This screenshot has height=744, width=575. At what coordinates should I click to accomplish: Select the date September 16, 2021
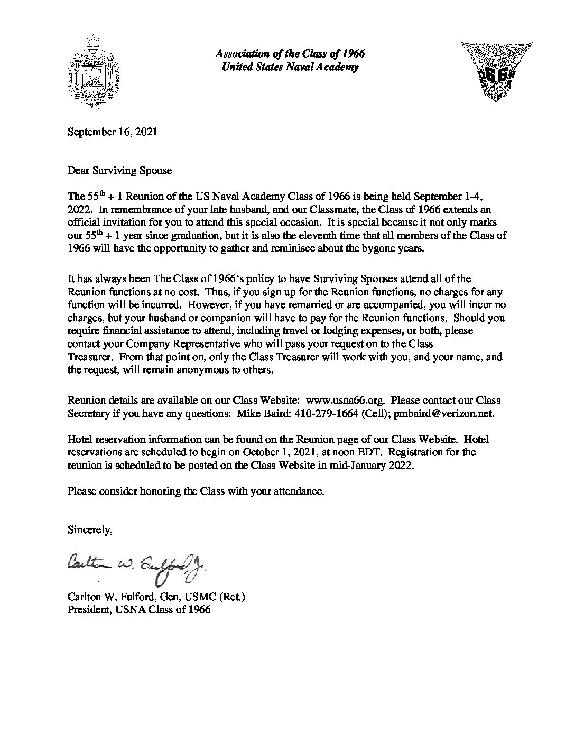(x=112, y=132)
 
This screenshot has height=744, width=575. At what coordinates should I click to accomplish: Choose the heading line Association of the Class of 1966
(x=290, y=54)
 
